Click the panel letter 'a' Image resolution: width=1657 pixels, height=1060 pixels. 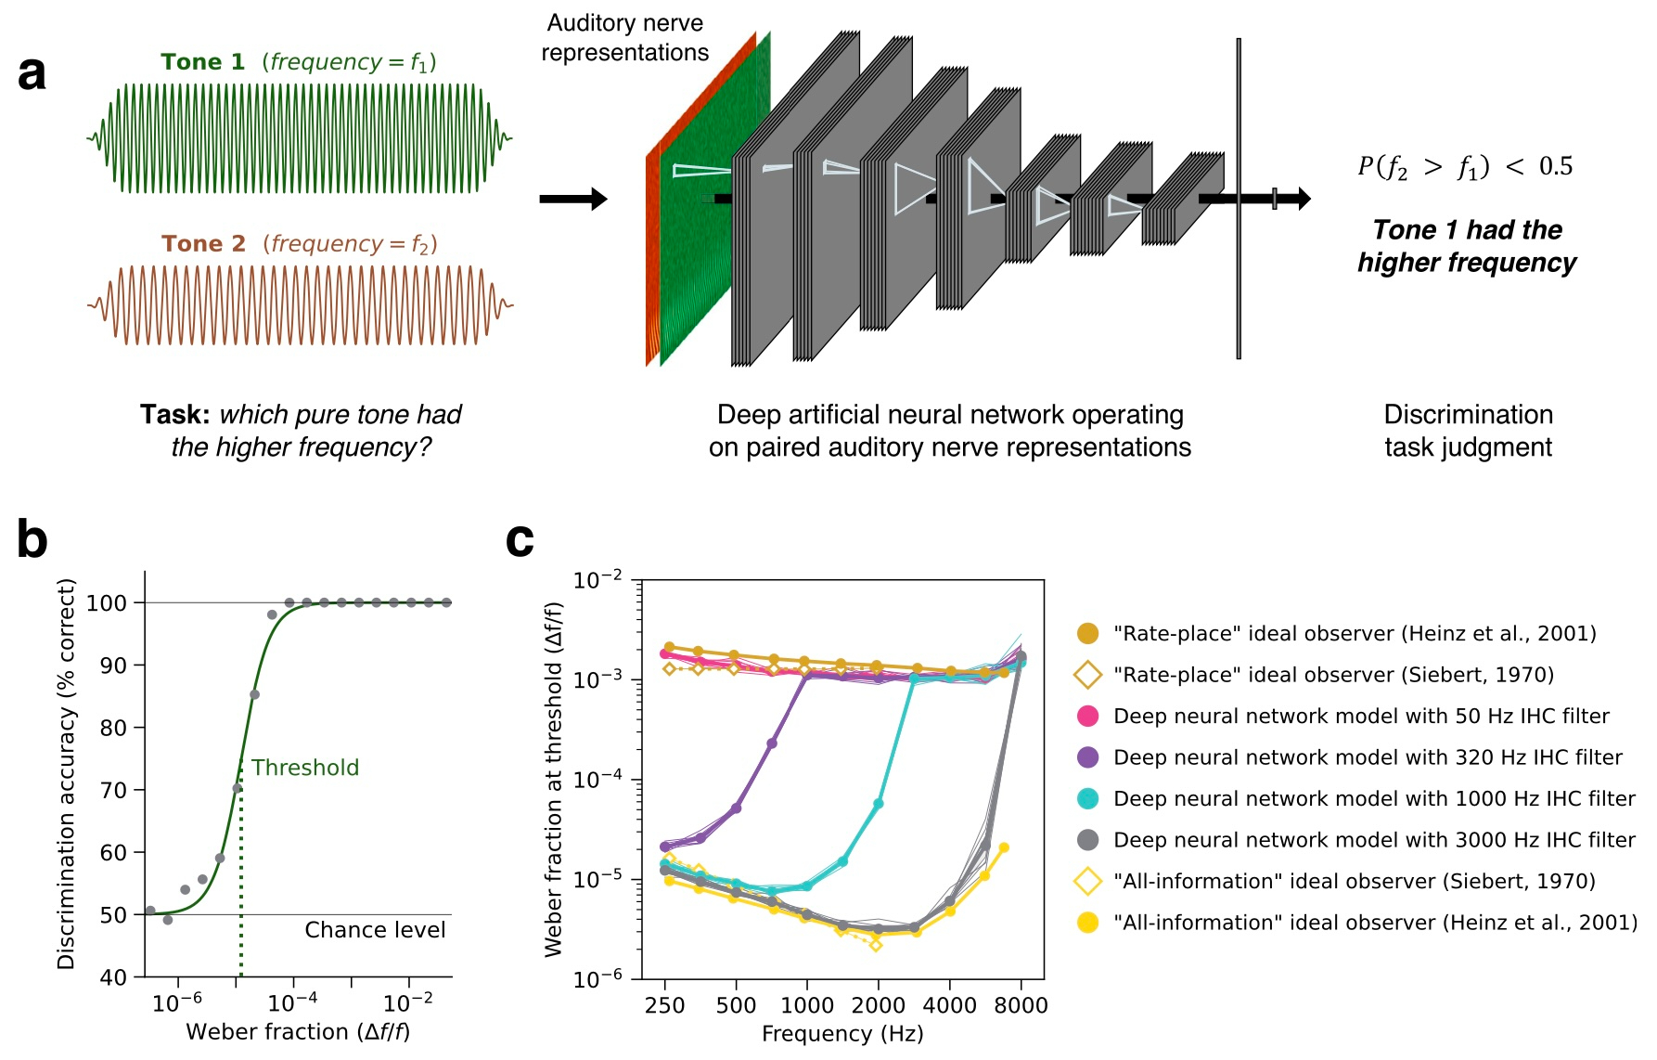[x=32, y=73]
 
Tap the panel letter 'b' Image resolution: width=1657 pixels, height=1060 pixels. [x=32, y=539]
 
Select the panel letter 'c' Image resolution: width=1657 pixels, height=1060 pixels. [x=520, y=539]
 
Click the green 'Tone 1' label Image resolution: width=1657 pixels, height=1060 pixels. [x=202, y=62]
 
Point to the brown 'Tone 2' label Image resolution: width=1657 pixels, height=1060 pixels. [x=203, y=244]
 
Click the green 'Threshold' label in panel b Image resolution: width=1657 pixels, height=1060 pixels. [x=304, y=768]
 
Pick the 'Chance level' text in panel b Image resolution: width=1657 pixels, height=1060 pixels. [x=375, y=930]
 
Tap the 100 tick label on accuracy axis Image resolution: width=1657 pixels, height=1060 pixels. [x=106, y=603]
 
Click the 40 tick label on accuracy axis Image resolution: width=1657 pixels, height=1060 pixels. [x=112, y=977]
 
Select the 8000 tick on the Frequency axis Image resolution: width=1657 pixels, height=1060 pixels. [x=1021, y=1005]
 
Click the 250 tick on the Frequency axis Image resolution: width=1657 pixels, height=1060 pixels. [x=664, y=1005]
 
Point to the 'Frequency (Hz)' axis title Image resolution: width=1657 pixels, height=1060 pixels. [x=842, y=1034]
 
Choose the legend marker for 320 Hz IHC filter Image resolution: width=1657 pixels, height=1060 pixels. [x=1087, y=757]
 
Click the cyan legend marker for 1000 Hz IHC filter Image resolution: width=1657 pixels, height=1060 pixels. [x=1087, y=798]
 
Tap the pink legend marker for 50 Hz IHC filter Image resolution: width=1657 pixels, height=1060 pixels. [x=1087, y=716]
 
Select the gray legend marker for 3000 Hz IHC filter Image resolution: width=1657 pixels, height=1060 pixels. [x=1087, y=840]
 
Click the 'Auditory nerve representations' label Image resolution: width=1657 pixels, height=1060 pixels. [x=624, y=38]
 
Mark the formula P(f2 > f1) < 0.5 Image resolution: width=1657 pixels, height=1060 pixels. [x=1465, y=167]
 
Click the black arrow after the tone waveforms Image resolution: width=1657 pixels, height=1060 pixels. [x=572, y=199]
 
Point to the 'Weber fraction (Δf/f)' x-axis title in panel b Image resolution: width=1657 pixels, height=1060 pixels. [x=298, y=1032]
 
